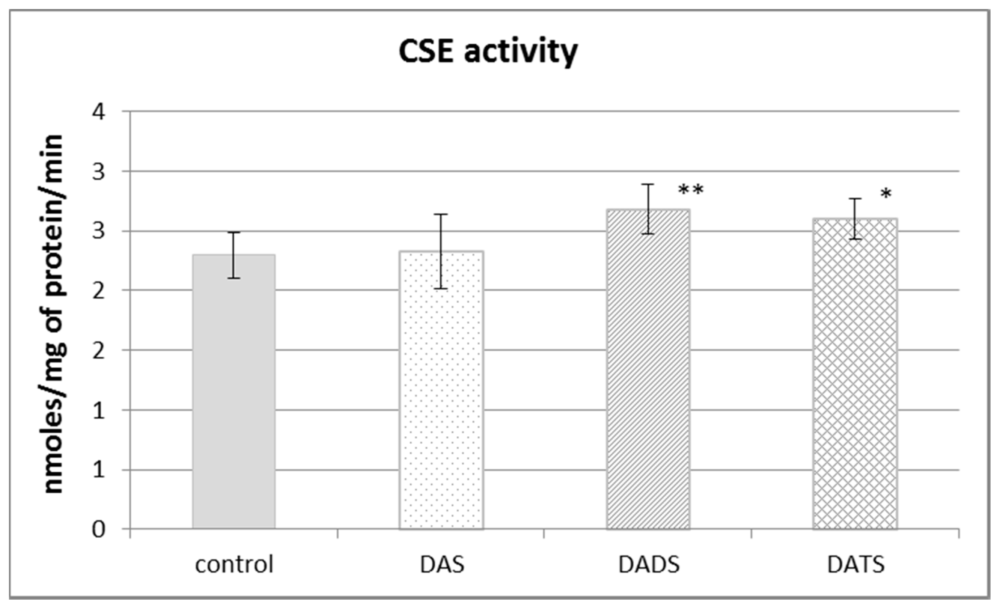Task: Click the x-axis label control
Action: click(234, 564)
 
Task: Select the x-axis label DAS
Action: click(442, 564)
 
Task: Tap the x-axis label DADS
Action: click(649, 564)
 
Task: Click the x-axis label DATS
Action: click(856, 564)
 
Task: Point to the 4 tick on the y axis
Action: click(99, 112)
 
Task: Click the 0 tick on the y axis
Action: click(99, 529)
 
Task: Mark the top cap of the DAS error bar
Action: click(441, 214)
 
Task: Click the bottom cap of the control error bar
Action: click(234, 278)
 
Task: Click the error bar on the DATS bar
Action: click(855, 219)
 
